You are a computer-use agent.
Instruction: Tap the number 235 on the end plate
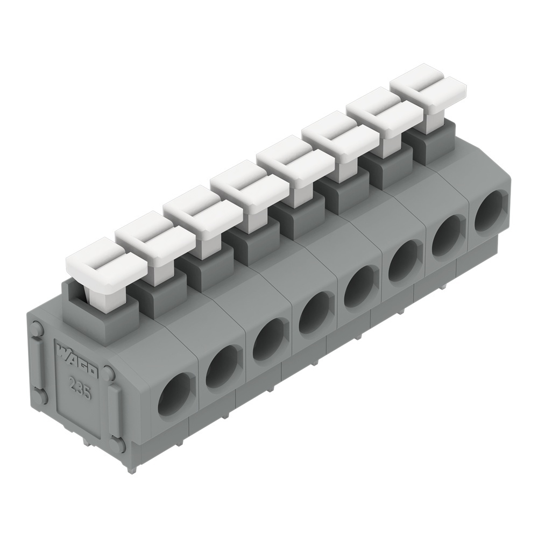tap(80, 386)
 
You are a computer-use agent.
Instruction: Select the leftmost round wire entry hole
tap(175, 394)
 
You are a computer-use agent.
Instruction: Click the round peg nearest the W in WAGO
tap(37, 329)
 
